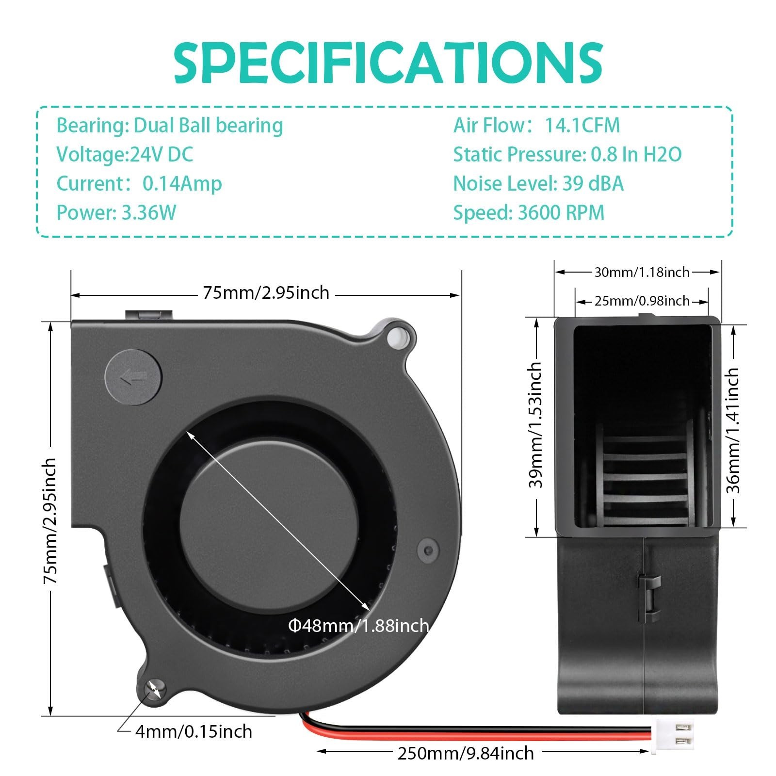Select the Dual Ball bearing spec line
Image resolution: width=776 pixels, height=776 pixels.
(170, 125)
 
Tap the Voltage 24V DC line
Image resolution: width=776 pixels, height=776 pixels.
(125, 154)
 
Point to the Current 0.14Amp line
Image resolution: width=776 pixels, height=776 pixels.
(139, 183)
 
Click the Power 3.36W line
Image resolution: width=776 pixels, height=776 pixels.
(116, 212)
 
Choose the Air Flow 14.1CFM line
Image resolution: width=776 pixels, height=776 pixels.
(536, 125)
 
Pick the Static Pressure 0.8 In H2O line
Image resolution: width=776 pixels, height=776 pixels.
(567, 154)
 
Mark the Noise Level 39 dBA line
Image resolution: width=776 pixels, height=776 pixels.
(538, 183)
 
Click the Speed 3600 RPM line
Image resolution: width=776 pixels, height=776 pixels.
(529, 212)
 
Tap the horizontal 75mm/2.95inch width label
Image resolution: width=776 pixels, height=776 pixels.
(266, 292)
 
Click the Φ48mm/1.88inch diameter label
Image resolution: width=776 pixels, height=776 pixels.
(358, 626)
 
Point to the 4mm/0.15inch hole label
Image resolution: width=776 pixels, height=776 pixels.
(193, 731)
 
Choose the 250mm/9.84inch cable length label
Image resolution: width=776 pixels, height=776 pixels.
(466, 753)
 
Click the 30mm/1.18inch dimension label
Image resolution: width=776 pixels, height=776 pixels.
(642, 272)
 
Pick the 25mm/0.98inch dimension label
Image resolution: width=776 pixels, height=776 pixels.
(642, 301)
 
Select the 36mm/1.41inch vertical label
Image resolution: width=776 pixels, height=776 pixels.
(733, 430)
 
